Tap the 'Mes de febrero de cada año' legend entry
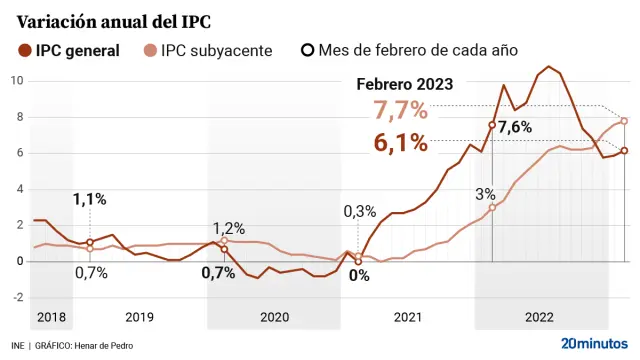[410, 50]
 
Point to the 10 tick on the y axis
[17, 80]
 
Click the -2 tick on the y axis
[15, 297]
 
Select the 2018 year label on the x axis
[51, 317]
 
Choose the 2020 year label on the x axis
[273, 317]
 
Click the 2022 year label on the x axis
[540, 317]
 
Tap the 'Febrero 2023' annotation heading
[406, 85]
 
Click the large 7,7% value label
[400, 111]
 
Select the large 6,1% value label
[401, 143]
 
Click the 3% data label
[485, 193]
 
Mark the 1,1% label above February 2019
[89, 199]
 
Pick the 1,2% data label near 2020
[229, 228]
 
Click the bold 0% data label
[359, 275]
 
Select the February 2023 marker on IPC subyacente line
[624, 121]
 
